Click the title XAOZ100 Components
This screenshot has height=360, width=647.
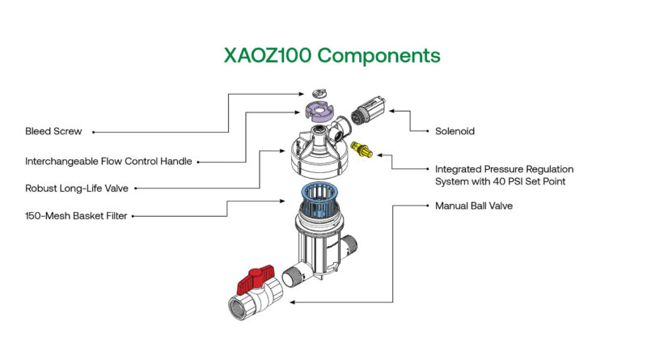[332, 56]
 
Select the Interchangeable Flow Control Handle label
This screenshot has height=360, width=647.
[108, 161]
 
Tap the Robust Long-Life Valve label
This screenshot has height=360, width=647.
[77, 188]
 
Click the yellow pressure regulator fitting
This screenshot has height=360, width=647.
[365, 151]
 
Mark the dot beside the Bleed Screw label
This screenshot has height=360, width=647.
[92, 131]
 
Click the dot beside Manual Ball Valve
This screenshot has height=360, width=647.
[425, 205]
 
